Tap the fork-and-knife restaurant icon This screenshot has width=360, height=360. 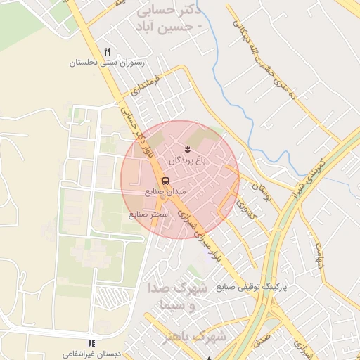(x=107, y=51)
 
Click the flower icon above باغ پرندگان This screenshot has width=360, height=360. (x=188, y=148)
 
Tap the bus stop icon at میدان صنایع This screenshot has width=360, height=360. (x=165, y=180)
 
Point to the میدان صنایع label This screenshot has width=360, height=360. (x=165, y=191)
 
